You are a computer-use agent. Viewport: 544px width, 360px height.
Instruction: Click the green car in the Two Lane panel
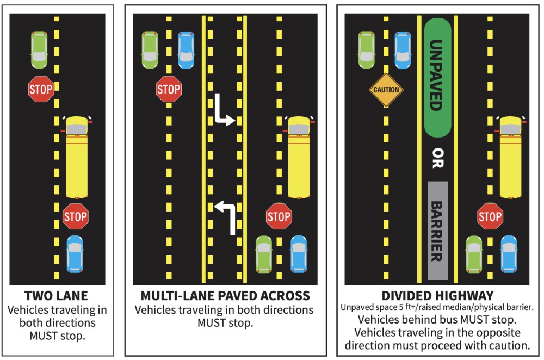(39, 49)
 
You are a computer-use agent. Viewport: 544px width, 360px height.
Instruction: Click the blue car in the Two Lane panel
(75, 253)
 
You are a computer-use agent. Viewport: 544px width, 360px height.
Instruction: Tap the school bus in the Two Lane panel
(77, 157)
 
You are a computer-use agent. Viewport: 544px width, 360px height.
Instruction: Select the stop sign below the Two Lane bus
(75, 217)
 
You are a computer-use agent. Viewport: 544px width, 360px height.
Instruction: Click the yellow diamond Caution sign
(386, 90)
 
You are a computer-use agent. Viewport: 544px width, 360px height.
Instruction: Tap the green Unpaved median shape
(437, 78)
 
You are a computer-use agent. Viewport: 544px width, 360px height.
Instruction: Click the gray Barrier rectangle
(437, 229)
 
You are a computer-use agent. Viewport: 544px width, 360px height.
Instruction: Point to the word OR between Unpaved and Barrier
(437, 158)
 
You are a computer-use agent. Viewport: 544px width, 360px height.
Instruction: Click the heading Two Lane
(57, 296)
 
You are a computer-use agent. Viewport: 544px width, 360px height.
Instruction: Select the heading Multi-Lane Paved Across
(225, 296)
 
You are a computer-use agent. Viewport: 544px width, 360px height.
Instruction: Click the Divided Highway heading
(437, 296)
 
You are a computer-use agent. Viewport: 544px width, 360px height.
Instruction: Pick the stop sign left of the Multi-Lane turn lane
(169, 89)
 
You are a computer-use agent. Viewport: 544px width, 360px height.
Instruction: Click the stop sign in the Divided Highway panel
(490, 217)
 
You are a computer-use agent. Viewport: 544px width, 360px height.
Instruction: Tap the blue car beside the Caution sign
(403, 49)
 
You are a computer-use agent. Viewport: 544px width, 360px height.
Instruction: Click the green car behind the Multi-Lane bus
(264, 253)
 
